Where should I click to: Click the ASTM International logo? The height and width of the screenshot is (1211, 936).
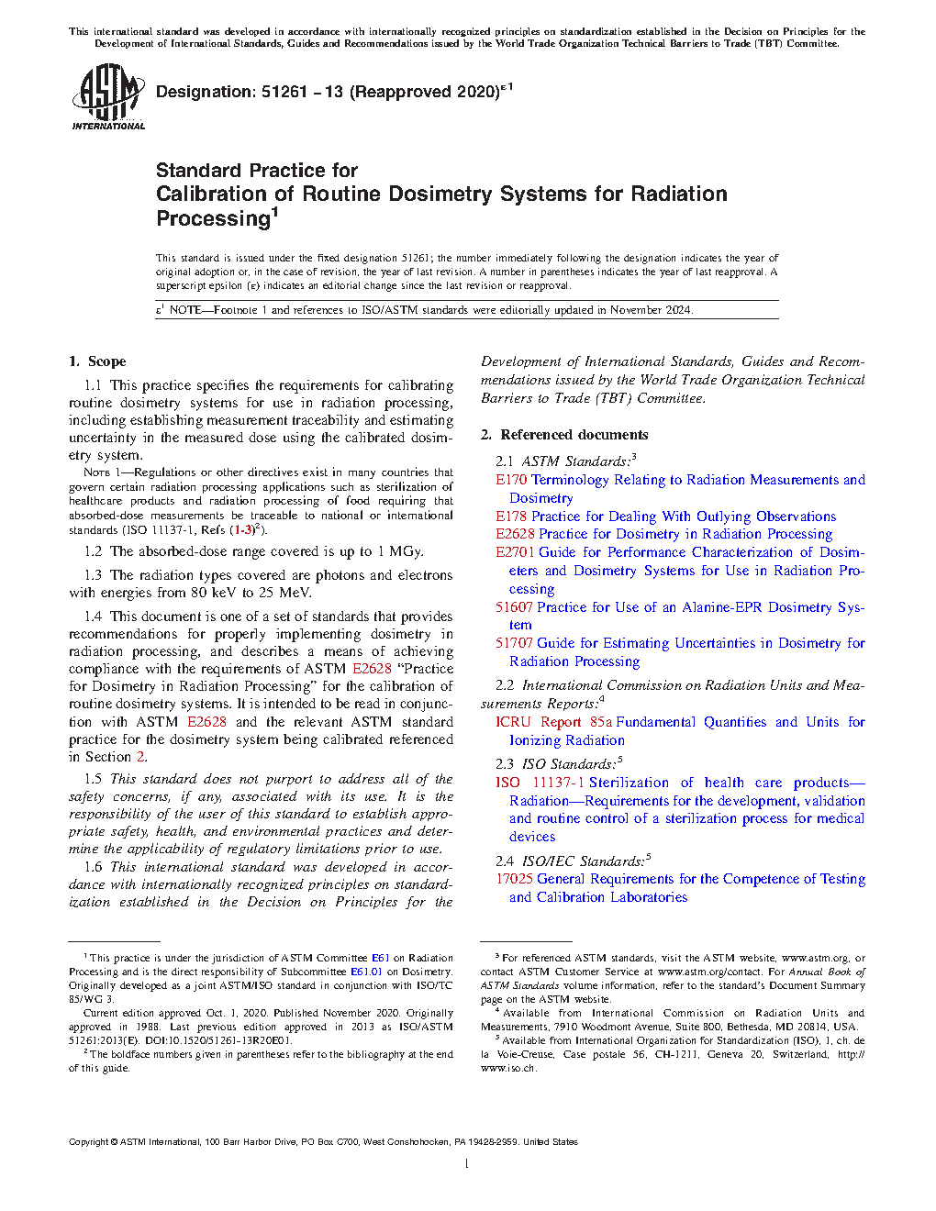(x=108, y=96)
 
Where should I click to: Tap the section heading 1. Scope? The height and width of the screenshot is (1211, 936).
(x=97, y=361)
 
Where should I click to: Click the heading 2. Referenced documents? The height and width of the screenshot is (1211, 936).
(x=564, y=435)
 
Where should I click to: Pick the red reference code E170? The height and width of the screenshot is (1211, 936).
(x=511, y=480)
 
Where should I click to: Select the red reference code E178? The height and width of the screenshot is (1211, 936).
(x=511, y=517)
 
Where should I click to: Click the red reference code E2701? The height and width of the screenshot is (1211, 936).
(x=515, y=552)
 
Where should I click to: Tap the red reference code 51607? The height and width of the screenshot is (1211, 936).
(x=514, y=607)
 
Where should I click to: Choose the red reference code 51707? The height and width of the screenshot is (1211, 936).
(x=514, y=643)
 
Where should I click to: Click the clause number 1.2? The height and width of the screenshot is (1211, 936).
(x=93, y=551)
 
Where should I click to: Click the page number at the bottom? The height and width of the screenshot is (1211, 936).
(x=467, y=1164)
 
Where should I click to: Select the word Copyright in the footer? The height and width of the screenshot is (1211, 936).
(x=88, y=1142)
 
